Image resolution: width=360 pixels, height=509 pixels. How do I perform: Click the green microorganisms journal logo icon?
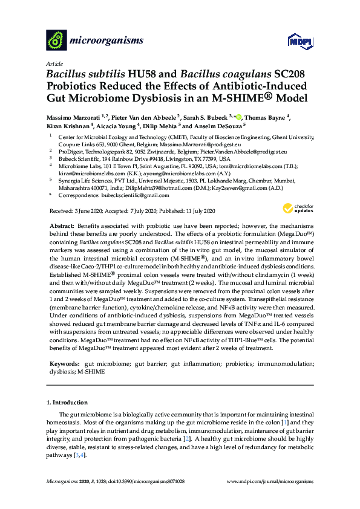pos(56,41)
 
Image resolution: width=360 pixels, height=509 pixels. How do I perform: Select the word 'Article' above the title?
pos(54,63)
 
